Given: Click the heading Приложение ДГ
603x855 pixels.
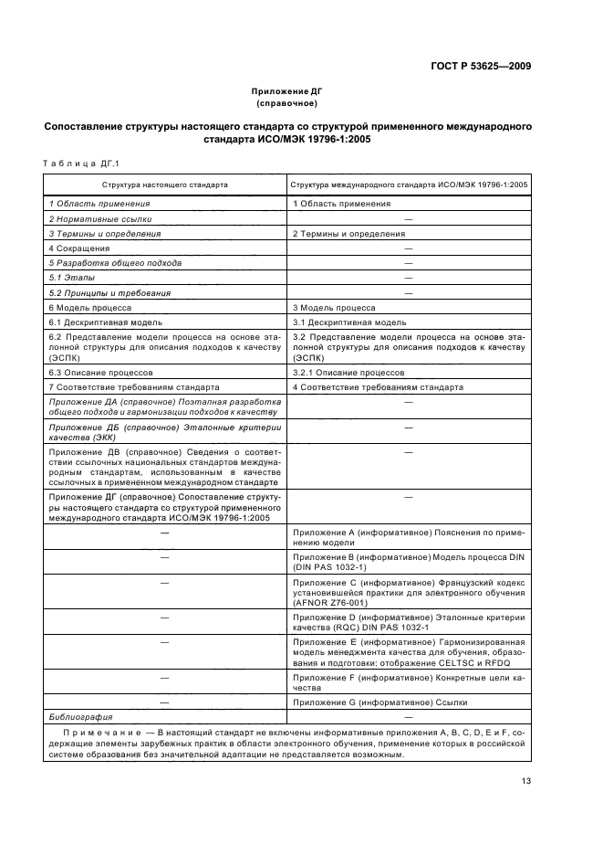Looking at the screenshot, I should click(x=287, y=91).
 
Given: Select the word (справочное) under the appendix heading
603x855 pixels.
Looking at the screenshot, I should click(x=287, y=103).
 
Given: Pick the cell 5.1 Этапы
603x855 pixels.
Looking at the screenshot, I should click(x=71, y=278).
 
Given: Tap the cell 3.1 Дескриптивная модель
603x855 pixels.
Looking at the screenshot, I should click(x=348, y=322).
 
